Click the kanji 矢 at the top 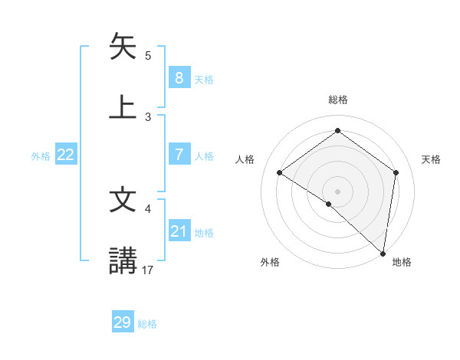(x=123, y=47)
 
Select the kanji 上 (x=123, y=107)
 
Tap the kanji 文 (x=123, y=200)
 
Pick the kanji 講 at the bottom (x=123, y=260)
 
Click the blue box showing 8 (x=179, y=77)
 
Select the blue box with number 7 (x=179, y=155)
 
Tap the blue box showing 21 (x=179, y=232)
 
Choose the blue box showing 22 (x=66, y=155)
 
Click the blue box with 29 (x=123, y=322)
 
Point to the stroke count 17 (x=148, y=270)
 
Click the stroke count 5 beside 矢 (x=148, y=55)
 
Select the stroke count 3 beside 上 (x=148, y=116)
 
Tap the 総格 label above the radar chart (x=337, y=100)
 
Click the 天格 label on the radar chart (x=431, y=159)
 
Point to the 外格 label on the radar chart (x=269, y=263)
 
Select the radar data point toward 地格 (x=383, y=253)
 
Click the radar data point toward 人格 (x=280, y=172)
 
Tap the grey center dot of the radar (x=337, y=191)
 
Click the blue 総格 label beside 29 (x=147, y=324)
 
